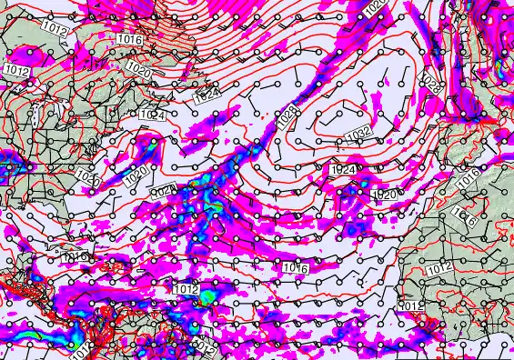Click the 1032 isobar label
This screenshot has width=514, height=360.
click(360, 134)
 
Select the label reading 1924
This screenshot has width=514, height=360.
click(344, 169)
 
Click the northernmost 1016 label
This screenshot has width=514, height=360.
click(129, 40)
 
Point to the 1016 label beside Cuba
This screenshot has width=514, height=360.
click(75, 258)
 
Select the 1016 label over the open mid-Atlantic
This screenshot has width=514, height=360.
click(293, 267)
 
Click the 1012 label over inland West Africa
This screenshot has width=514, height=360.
click(438, 267)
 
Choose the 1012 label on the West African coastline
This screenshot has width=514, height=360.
click(411, 305)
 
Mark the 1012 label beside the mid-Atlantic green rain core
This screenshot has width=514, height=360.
click(186, 289)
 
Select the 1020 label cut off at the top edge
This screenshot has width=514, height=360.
click(375, 6)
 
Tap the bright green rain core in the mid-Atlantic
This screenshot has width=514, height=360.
click(208, 296)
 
